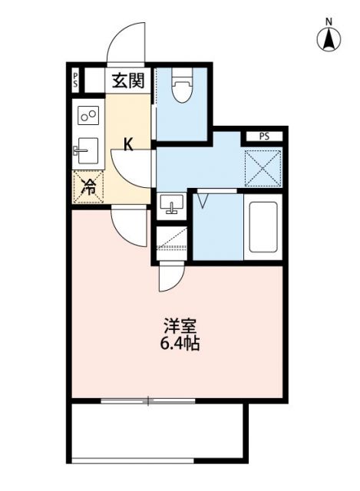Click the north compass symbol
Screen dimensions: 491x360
(x=329, y=38)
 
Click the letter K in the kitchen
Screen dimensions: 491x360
(x=129, y=143)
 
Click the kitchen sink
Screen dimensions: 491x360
(x=88, y=148)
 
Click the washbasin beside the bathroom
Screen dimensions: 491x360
(x=172, y=205)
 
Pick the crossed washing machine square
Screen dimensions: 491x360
(x=263, y=168)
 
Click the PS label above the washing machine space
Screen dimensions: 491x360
(x=264, y=137)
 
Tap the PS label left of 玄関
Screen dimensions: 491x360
(x=75, y=79)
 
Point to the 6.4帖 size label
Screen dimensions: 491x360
(x=178, y=344)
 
